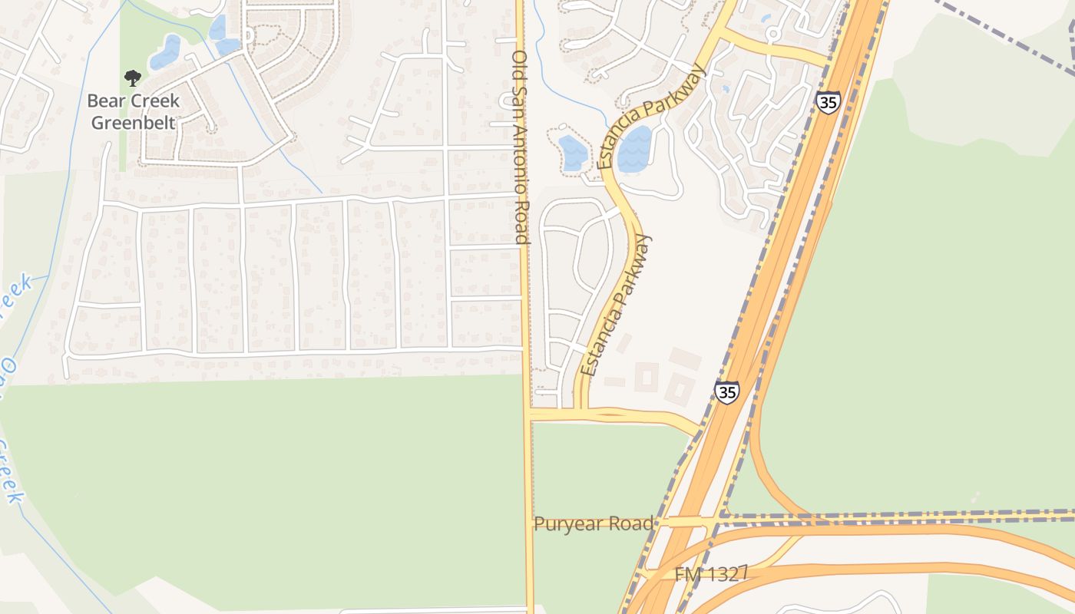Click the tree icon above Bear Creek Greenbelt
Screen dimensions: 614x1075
(x=133, y=78)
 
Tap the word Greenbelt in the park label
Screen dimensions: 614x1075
(x=134, y=122)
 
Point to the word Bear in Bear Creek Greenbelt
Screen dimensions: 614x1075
(x=105, y=101)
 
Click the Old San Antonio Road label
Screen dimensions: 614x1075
(x=521, y=147)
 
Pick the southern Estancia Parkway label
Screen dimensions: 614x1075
(x=616, y=305)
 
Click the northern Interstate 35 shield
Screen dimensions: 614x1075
(x=828, y=102)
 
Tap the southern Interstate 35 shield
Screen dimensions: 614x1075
(x=726, y=392)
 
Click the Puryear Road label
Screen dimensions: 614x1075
(x=594, y=523)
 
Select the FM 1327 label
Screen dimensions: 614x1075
(x=711, y=574)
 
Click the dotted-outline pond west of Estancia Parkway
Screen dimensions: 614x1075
(x=572, y=152)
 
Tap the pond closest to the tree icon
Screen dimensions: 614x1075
(x=165, y=52)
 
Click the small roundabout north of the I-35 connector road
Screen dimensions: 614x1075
(x=773, y=34)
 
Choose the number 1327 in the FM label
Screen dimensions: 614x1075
(x=723, y=574)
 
